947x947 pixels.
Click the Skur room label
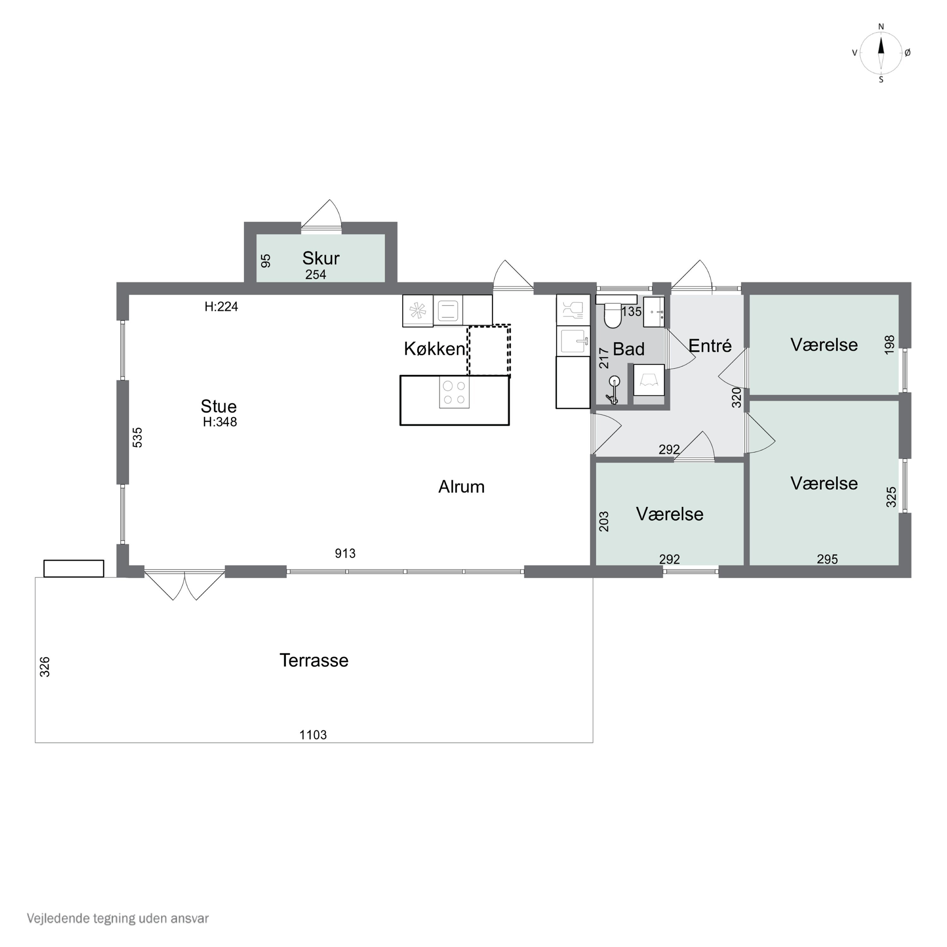click(321, 258)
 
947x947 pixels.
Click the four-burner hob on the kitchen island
click(454, 392)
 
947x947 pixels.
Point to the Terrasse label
click(314, 660)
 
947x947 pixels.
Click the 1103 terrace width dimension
click(313, 735)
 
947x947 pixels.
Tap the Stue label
click(219, 406)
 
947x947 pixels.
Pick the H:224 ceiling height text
click(221, 307)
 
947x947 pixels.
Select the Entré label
click(710, 346)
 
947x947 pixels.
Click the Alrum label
click(461, 487)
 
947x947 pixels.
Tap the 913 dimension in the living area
click(345, 553)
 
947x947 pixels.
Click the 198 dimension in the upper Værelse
click(889, 345)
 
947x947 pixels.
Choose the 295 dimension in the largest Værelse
click(827, 559)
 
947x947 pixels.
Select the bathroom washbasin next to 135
click(654, 312)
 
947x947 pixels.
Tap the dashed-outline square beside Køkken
click(489, 350)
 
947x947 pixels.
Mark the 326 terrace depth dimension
click(45, 667)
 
